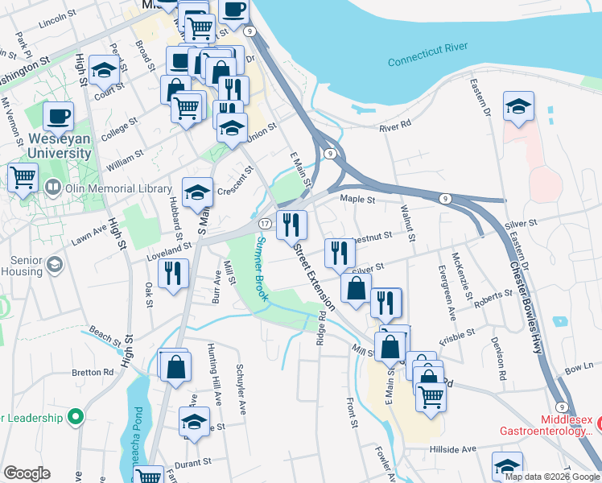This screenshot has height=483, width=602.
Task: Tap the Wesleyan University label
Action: (x=48, y=146)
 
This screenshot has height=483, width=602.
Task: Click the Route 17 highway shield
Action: (x=264, y=223)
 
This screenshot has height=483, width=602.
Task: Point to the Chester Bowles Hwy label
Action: (x=526, y=299)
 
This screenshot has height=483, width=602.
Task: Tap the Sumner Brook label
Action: (x=262, y=269)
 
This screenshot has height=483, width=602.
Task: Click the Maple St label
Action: (x=357, y=199)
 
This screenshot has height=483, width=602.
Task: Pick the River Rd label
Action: (x=395, y=126)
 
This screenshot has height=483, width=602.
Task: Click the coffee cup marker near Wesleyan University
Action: (x=58, y=116)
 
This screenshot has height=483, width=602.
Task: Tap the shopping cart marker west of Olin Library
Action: (x=23, y=175)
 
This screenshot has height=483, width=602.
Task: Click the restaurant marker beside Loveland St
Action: (x=173, y=273)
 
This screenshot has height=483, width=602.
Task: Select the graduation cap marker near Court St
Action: (x=105, y=71)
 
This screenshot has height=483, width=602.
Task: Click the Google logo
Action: (x=27, y=473)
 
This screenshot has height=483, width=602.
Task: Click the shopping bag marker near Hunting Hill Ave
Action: (x=175, y=366)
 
